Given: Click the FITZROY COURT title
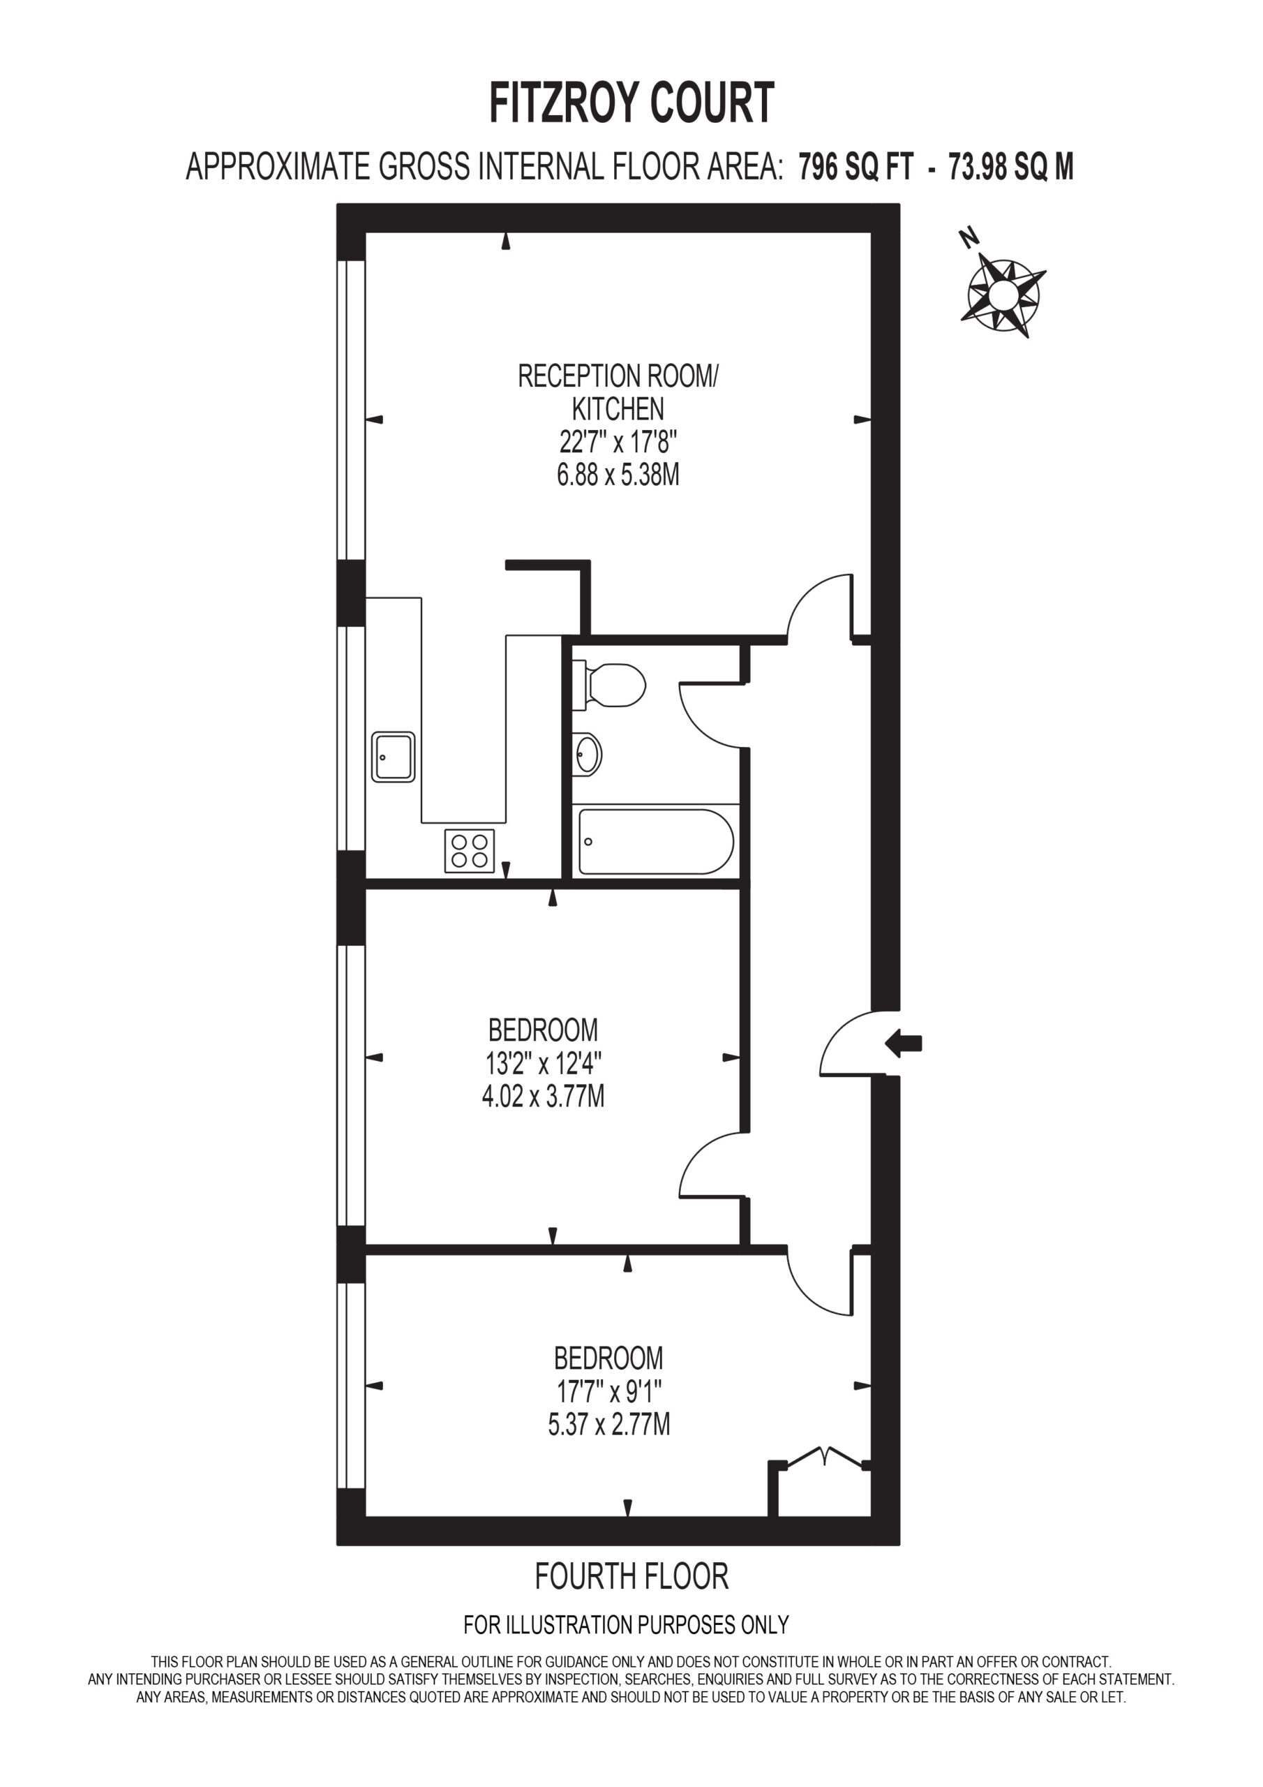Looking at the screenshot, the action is [x=631, y=103].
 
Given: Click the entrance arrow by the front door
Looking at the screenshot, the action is [x=904, y=1043].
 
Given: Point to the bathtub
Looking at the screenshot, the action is [x=655, y=841].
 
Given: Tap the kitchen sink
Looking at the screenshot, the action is [x=393, y=756].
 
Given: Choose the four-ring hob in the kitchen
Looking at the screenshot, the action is [x=469, y=851].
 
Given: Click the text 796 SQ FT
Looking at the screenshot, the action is [x=855, y=167].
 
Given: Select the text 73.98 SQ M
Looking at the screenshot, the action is [x=1011, y=167].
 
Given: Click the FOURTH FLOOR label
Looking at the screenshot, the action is [x=631, y=1576].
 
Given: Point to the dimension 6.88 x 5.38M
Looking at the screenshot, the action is [x=618, y=474].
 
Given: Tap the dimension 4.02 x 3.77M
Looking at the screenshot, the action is [x=543, y=1096].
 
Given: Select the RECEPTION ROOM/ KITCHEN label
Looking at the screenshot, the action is [x=618, y=392].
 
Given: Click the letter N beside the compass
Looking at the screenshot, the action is [x=968, y=237].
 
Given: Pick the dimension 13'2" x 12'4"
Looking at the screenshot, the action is [x=543, y=1062].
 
